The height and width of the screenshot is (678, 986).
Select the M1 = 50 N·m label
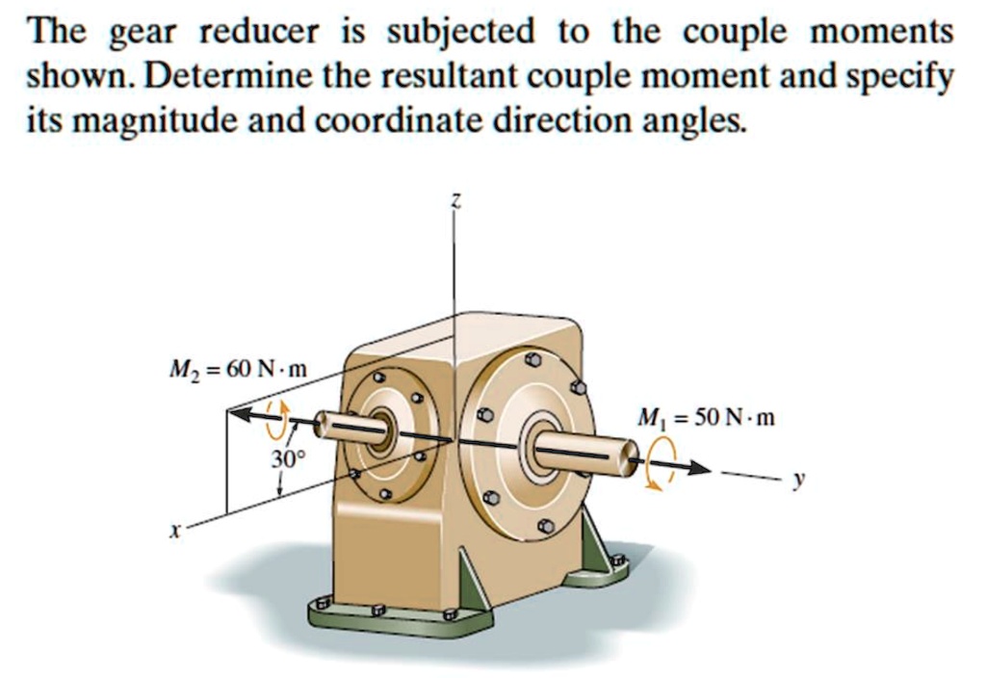(x=705, y=419)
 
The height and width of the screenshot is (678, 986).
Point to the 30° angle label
(x=286, y=458)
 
